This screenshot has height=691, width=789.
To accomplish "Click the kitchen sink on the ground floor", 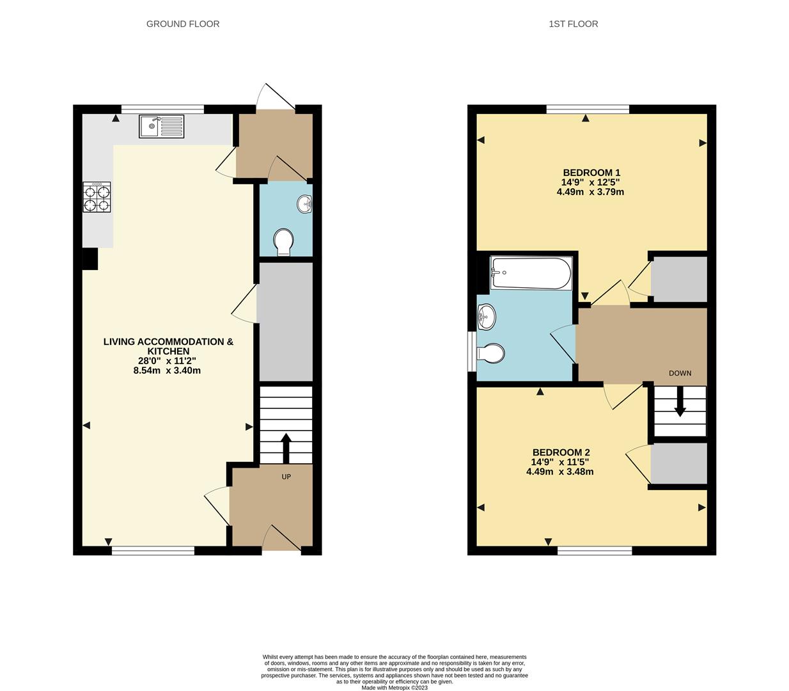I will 161,127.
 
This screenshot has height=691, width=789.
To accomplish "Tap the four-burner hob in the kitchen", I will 97,197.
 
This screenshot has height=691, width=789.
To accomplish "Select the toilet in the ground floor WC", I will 283,242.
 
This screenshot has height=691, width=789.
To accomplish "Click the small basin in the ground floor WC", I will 305,204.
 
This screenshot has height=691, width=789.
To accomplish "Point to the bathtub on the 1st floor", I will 530,274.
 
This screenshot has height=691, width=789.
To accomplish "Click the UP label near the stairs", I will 286,477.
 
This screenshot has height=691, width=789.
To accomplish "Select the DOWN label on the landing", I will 680,373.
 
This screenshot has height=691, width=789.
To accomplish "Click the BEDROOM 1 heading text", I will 591,173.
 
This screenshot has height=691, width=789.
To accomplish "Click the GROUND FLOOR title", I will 183,24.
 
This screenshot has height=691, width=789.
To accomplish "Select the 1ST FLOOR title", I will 573,24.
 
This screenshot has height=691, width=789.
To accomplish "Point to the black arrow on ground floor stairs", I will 286,447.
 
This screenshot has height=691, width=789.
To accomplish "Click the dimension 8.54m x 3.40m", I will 167,370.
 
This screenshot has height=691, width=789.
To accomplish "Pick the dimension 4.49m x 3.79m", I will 590,192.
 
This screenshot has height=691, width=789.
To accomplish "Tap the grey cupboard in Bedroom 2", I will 679,464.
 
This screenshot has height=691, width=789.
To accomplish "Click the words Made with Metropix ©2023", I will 394,688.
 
